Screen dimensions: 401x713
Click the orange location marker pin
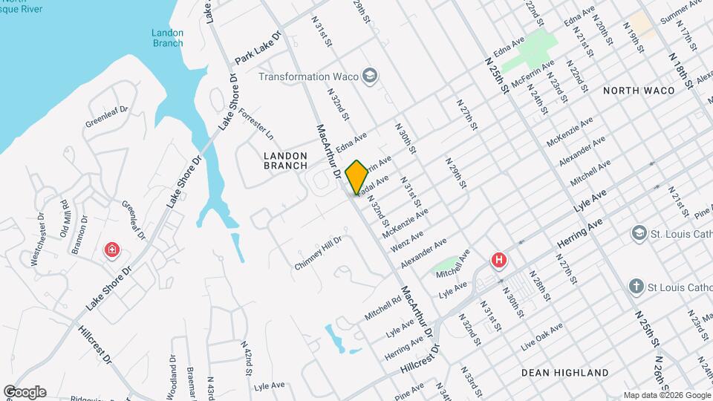(356, 177)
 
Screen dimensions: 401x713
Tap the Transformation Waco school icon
(370, 76)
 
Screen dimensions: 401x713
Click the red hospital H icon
(499, 261)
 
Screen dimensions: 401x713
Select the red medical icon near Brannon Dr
(112, 250)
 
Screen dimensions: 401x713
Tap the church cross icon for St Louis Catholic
(636, 287)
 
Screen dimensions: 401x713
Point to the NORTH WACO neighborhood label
(639, 91)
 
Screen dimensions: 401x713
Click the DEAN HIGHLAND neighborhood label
(564, 373)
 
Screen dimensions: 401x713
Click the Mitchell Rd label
(382, 306)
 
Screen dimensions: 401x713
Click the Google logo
(25, 392)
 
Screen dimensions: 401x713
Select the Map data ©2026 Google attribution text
(666, 395)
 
